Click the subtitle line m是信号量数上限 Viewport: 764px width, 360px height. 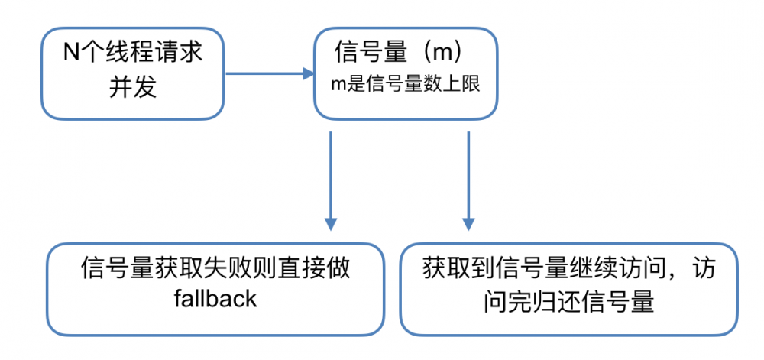point(405,84)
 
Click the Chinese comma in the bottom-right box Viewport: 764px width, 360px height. point(686,274)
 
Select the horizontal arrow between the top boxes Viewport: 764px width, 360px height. point(267,74)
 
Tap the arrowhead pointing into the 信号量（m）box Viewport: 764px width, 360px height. point(309,74)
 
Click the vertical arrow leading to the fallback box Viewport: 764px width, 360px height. point(330,176)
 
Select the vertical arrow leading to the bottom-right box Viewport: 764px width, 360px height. point(467,176)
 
